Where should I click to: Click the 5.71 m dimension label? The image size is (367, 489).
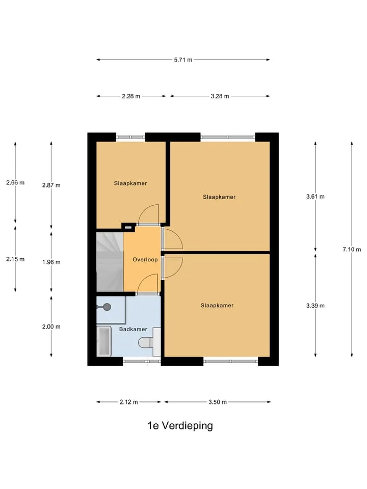[183, 60]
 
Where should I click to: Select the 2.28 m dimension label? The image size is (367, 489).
[131, 96]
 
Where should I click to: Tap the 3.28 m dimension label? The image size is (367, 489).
[220, 96]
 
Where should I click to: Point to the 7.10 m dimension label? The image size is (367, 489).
[352, 249]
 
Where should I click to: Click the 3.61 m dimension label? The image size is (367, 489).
[315, 197]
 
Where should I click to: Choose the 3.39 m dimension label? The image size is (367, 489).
[315, 306]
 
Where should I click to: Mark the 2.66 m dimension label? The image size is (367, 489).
[15, 182]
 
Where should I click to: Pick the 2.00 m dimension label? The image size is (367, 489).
[51, 327]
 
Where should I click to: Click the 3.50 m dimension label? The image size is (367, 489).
[218, 402]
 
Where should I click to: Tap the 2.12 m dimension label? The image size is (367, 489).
[128, 402]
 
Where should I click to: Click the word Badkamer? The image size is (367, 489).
[133, 329]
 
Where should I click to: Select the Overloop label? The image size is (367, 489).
[145, 259]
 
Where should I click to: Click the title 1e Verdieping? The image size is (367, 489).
[180, 425]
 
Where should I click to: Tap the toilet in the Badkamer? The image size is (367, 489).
[149, 342]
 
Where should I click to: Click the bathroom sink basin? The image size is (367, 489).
[104, 341]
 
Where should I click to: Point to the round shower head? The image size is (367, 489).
[107, 307]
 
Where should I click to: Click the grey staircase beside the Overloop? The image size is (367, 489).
[110, 262]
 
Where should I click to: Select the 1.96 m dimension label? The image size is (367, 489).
[51, 262]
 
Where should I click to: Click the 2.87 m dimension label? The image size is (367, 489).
[51, 185]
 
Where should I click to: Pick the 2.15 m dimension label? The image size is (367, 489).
[15, 259]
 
